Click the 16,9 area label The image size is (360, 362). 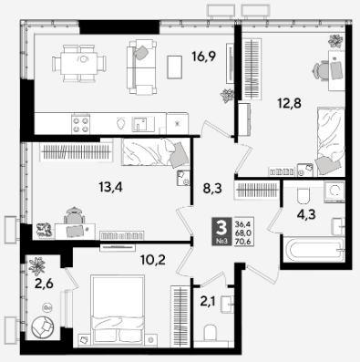point(203,57)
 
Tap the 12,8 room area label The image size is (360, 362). point(289,104)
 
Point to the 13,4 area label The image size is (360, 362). point(110,187)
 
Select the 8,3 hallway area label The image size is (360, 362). point(212,189)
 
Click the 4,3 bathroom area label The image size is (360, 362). point(306,214)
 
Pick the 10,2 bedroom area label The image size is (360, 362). point(153,260)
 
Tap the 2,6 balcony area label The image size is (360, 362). point(44,284)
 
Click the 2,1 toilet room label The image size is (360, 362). point(208,302)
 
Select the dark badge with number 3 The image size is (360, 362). point(221,232)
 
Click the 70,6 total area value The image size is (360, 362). point(242,242)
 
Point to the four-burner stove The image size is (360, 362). point(81,124)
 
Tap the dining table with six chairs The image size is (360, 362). point(79,64)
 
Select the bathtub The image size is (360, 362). point(314,250)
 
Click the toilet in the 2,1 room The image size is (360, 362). point(210,334)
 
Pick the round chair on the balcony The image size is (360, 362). point(43,327)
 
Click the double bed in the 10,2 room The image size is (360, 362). point(118,310)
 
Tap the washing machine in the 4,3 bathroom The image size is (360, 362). point(334,191)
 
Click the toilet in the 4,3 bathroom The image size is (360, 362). point(303,196)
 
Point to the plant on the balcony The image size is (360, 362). point(36,266)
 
